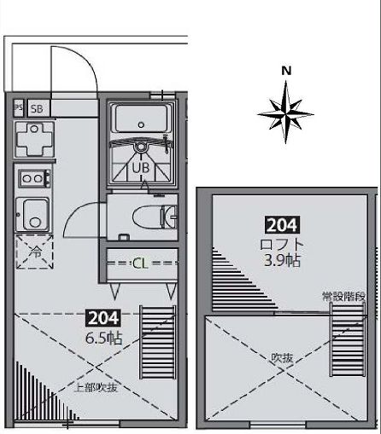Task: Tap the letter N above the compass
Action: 287,71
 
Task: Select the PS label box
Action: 18,108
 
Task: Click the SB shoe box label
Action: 36,108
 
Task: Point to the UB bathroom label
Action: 140,168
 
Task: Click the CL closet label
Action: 139,263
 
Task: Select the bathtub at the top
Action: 141,120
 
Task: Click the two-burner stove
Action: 32,179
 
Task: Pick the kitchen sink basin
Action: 34,211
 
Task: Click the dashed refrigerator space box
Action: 33,253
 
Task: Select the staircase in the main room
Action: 157,344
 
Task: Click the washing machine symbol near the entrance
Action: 33,138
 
